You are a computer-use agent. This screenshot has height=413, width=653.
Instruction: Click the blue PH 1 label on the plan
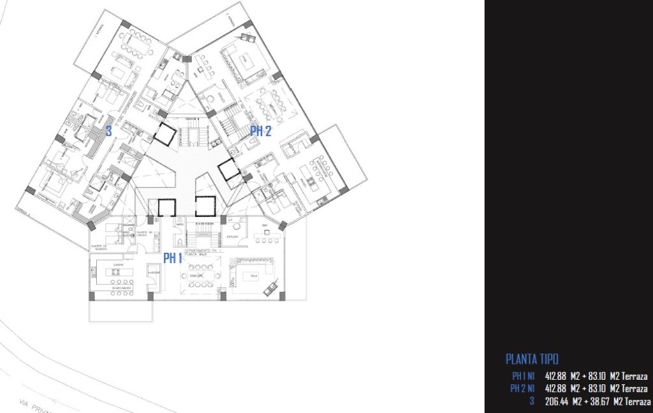pos(173,258)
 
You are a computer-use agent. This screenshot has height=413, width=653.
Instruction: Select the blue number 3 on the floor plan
pos(109,132)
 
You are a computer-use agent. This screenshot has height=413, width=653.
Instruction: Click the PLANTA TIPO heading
pos(532,359)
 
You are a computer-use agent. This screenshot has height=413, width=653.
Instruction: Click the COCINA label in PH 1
pos(118,263)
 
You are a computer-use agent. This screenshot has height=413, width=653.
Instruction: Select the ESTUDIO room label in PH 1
pos(231,237)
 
